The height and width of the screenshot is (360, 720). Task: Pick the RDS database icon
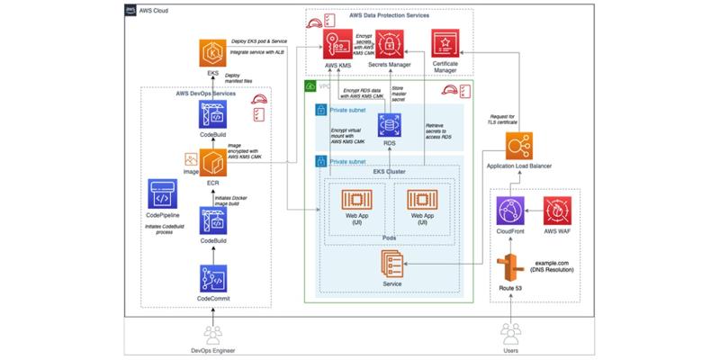pos(390,125)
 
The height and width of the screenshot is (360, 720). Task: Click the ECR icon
pos(213,165)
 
